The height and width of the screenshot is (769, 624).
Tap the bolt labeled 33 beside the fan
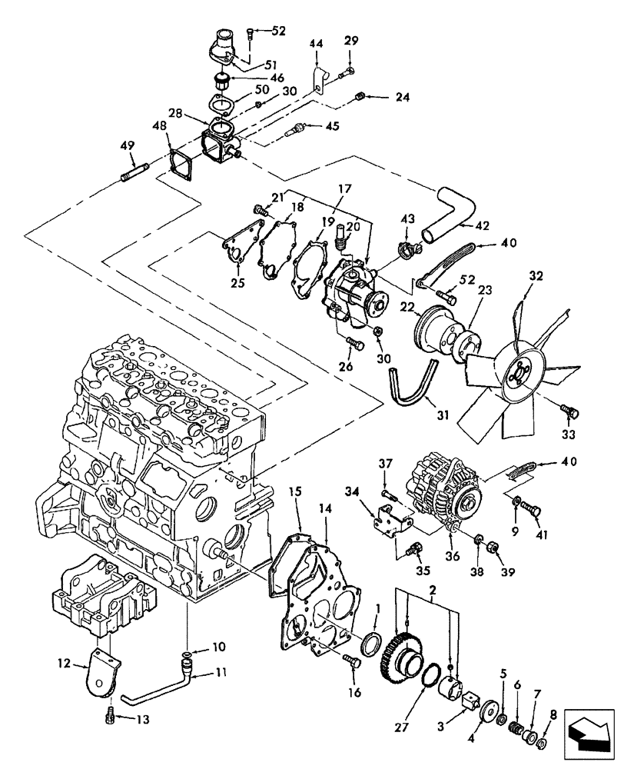coord(569,412)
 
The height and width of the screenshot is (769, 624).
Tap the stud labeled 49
coord(135,170)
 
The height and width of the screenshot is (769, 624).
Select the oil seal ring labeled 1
coord(370,643)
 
